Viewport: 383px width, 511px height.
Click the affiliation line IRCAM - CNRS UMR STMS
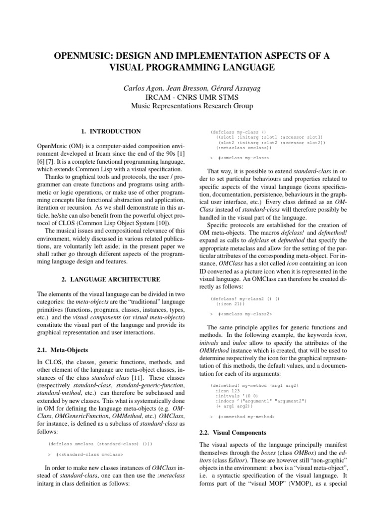point(191,97)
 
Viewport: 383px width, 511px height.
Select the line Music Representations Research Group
point(191,106)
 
